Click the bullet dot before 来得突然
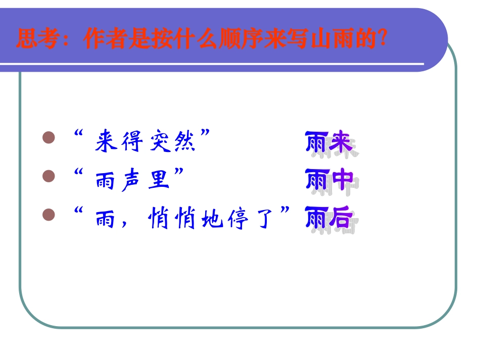49,138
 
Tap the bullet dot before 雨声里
49,176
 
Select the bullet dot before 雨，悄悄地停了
49,216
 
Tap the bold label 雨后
329,219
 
